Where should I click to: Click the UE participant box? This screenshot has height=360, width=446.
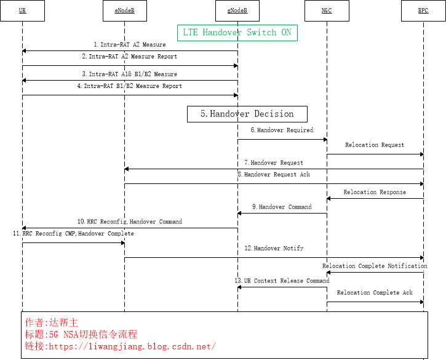tap(22, 10)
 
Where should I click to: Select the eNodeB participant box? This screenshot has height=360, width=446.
tap(124, 10)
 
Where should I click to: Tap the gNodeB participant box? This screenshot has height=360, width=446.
tap(237, 10)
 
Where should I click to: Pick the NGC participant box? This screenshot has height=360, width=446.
tap(327, 10)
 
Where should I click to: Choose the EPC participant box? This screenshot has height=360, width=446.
tap(423, 10)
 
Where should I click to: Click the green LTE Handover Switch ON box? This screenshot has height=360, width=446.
tap(237, 33)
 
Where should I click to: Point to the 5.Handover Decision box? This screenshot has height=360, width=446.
tap(247, 114)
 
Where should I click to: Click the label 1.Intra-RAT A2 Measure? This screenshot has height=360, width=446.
tap(129, 45)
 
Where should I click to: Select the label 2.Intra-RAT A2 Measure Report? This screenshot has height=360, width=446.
tap(129, 57)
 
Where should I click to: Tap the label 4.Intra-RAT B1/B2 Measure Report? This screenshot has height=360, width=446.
tap(129, 86)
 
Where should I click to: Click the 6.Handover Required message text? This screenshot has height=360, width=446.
tap(281, 130)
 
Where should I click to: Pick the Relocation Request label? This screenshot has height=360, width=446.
tap(375, 145)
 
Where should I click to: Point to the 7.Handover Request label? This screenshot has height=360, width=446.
tap(273, 163)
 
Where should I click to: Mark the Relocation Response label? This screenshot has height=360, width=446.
tap(375, 192)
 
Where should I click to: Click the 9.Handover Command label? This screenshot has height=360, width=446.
tap(281, 207)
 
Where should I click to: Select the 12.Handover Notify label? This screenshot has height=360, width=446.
tap(273, 248)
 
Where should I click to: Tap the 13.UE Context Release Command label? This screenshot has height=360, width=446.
tap(282, 281)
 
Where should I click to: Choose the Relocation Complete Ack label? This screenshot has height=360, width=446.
tap(375, 293)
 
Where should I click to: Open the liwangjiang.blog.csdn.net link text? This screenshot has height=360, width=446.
tap(132, 346)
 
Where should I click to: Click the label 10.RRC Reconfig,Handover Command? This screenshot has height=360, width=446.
tap(129, 222)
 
